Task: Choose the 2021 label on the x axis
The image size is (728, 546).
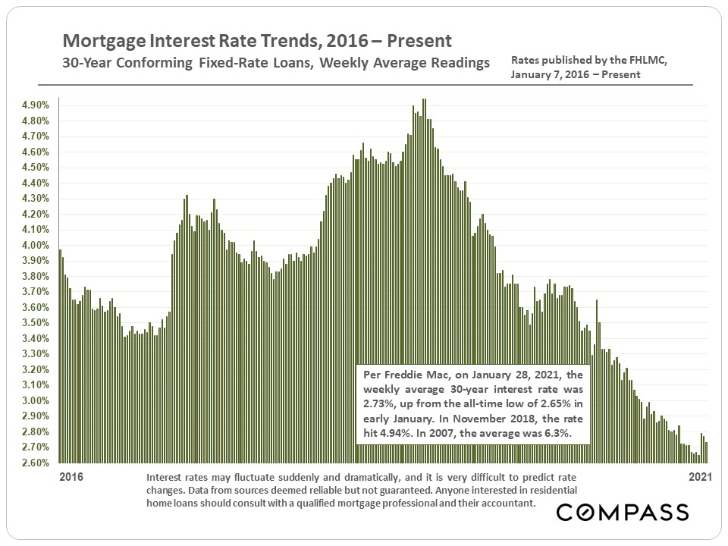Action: (x=698, y=478)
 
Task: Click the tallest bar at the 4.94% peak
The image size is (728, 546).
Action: (x=424, y=281)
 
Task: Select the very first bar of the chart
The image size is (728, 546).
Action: (x=60, y=356)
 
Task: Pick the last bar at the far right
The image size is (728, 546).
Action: (x=707, y=453)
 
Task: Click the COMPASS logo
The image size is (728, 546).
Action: (x=623, y=513)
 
